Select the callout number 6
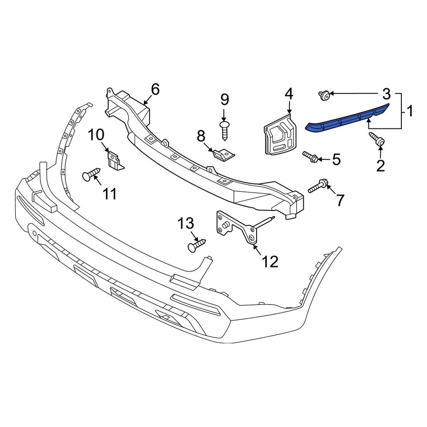tap(155, 90)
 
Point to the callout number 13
tap(186, 223)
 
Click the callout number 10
tap(96, 135)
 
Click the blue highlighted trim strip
tap(348, 118)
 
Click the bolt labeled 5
tap(310, 157)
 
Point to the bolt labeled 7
tap(318, 187)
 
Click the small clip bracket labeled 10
tap(114, 161)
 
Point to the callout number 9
tap(225, 99)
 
